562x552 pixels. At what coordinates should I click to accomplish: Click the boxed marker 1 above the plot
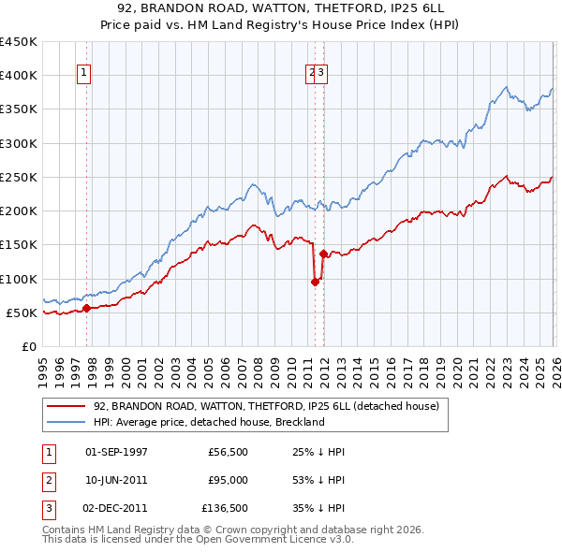tap(84, 76)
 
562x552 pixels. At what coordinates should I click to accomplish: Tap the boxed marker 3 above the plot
tap(320, 76)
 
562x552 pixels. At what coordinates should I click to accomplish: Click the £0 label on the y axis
tap(29, 346)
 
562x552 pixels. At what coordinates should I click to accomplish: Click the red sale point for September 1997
tap(86, 308)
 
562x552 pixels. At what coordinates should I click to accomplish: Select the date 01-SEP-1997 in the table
tap(116, 452)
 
